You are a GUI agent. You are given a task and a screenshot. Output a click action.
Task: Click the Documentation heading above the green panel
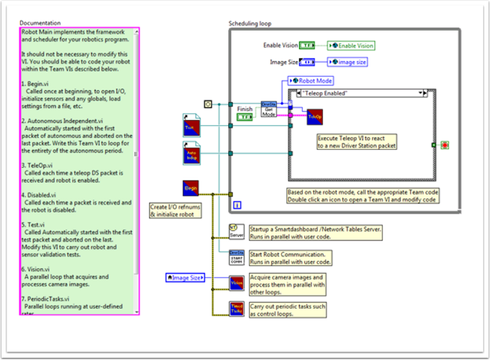[x=40, y=23]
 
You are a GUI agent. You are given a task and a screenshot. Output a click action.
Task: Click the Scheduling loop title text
[x=250, y=24]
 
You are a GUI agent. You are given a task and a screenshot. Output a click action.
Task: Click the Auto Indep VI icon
[x=191, y=154]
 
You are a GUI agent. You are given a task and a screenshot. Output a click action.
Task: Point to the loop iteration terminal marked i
[x=237, y=203]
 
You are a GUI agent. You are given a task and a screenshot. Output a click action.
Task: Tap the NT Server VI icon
[x=236, y=232]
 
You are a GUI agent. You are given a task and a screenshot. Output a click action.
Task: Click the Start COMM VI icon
[x=236, y=257]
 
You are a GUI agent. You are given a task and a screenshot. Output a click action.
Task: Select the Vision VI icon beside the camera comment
[x=236, y=283]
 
